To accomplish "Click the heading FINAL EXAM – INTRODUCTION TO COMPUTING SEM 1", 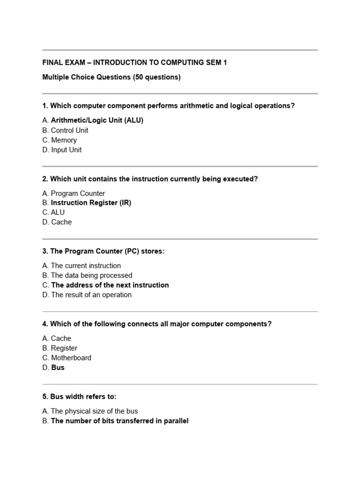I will pyautogui.click(x=135, y=62).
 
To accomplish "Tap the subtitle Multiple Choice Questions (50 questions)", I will pyautogui.click(x=111, y=77).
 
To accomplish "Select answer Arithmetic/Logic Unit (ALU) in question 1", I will pyautogui.click(x=97, y=120).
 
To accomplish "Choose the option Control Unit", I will pyautogui.click(x=69, y=130).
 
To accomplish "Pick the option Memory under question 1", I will pyautogui.click(x=63, y=140).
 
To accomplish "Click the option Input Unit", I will pyautogui.click(x=66, y=150).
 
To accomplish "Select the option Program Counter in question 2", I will pyautogui.click(x=77, y=193).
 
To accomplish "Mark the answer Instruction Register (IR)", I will pyautogui.click(x=91, y=203).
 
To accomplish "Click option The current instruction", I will pyautogui.click(x=85, y=266).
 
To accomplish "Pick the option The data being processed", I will pyautogui.click(x=91, y=276).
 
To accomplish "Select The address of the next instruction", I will pyautogui.click(x=110, y=285).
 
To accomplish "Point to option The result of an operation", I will pyautogui.click(x=91, y=295).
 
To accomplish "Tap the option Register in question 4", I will pyautogui.click(x=64, y=348).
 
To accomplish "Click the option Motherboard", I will pyautogui.click(x=71, y=358).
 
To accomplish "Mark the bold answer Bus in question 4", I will pyautogui.click(x=58, y=367).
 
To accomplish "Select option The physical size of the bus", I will pyautogui.click(x=94, y=411).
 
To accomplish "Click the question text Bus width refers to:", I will pyautogui.click(x=79, y=397).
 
